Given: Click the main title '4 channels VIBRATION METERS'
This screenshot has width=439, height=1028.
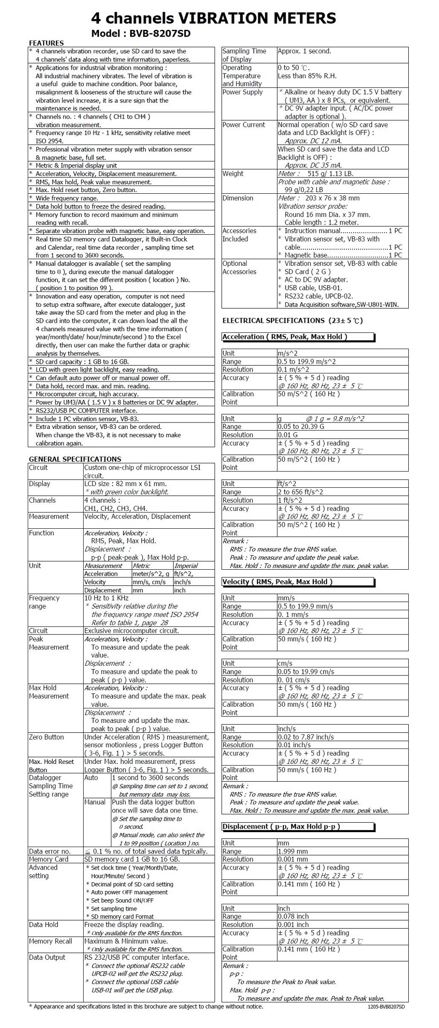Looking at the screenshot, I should coord(213,18).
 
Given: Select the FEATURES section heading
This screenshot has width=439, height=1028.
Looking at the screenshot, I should coord(46,43).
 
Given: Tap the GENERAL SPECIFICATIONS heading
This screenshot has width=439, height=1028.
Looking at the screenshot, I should coord(75,459).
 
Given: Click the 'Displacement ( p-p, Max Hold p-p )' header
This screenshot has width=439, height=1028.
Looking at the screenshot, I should coord(281,827).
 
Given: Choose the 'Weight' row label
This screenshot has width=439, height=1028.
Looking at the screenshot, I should coord(233,174).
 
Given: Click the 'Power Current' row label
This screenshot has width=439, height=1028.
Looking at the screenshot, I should coord(244,125).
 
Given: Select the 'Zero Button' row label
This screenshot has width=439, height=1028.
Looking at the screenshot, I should coord(47,737).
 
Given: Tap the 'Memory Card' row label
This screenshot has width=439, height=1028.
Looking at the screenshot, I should coord(49,859).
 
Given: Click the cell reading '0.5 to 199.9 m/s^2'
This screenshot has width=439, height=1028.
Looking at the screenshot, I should coord(307,361).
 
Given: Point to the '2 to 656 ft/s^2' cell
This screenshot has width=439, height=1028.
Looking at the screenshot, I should coord(300,492).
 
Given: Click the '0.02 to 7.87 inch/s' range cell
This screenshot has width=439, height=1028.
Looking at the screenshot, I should coord(306,737).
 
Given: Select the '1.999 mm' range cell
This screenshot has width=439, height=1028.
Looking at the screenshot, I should coord(293,851).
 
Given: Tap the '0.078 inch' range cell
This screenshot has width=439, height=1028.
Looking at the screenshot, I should coord(294,916).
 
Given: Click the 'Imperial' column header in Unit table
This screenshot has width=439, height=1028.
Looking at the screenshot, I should coord(186,566).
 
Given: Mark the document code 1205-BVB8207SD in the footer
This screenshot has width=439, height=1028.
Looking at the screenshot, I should coord(386,1007).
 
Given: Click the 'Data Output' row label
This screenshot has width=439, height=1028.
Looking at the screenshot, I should coord(47,957).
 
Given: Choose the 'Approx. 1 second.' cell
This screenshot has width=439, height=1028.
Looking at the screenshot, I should coord(304,51).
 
